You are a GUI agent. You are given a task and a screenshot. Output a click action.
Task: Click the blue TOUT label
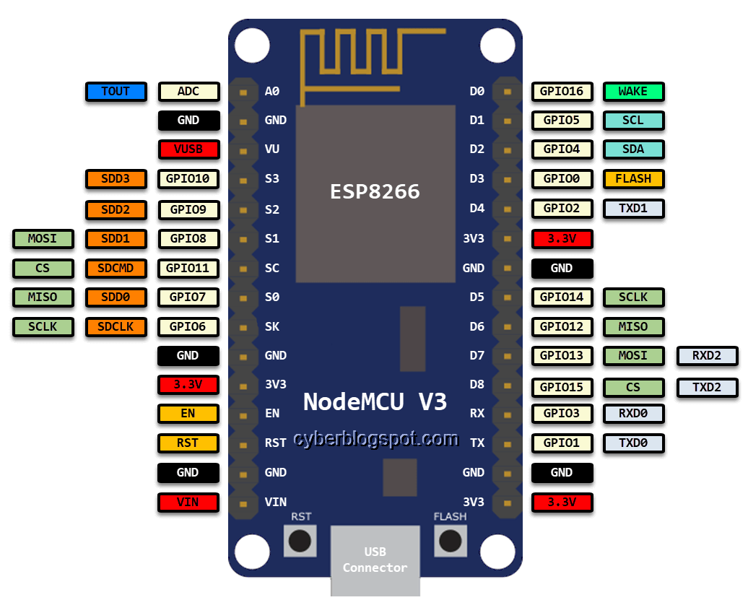(116, 92)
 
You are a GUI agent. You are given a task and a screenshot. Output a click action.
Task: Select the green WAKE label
(633, 92)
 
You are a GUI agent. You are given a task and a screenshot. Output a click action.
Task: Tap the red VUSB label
(188, 149)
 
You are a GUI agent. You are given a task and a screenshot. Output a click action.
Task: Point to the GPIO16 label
(562, 92)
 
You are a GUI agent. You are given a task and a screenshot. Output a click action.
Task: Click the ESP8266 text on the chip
(375, 191)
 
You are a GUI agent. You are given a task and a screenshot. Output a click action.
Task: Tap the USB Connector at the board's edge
(375, 560)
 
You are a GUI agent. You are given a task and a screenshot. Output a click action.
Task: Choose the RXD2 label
(707, 355)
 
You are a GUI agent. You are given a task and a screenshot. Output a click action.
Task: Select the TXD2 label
(707, 387)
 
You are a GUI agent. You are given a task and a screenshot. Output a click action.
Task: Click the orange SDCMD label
(116, 268)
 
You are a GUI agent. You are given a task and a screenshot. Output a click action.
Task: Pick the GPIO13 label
(562, 355)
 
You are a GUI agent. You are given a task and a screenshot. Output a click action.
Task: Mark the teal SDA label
(633, 149)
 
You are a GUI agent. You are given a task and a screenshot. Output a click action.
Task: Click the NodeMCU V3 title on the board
(375, 401)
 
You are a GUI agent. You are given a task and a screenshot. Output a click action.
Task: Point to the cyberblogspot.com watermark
(375, 439)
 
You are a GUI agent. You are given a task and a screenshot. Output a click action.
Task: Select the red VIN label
(188, 502)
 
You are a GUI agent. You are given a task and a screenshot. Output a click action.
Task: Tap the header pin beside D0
(508, 92)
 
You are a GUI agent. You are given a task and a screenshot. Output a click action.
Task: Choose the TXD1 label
(633, 209)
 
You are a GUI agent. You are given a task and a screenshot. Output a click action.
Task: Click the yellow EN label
(188, 414)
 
